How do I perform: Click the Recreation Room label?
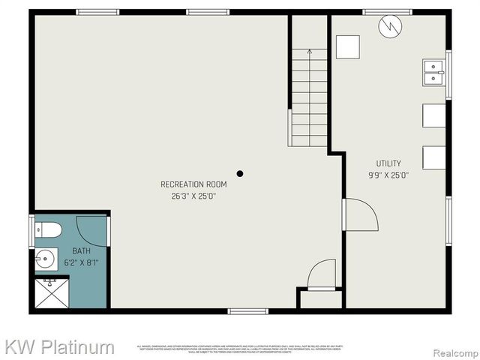tap(193, 184)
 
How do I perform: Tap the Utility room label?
tap(388, 163)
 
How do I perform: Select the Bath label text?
tap(81, 251)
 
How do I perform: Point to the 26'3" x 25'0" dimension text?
tap(193, 196)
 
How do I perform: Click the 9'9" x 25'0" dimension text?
tap(388, 175)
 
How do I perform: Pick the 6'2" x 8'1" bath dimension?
tap(81, 262)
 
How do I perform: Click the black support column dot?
tap(240, 174)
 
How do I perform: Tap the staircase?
tap(308, 97)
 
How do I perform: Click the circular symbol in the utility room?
tap(389, 27)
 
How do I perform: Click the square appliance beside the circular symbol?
tap(347, 47)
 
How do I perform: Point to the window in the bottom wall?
tap(247, 310)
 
